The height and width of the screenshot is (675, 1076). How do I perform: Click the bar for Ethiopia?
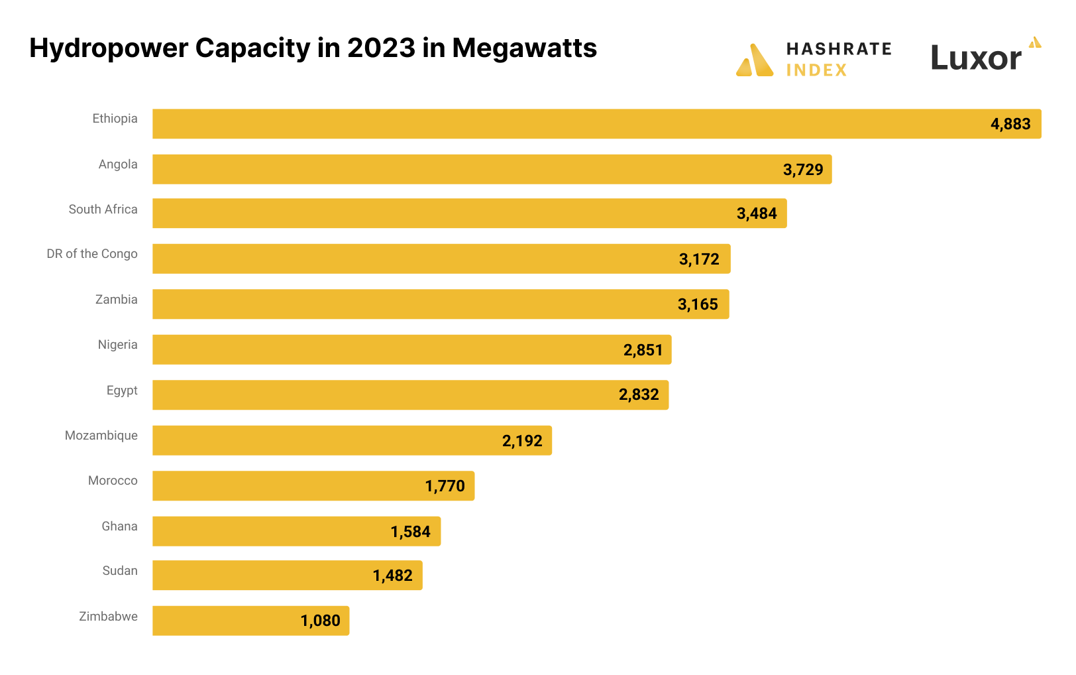pos(596,124)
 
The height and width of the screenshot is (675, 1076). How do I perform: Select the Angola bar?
pos(492,169)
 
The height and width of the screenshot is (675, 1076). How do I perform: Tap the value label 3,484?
pos(757,214)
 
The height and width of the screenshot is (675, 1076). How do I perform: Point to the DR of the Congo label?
pos(92,254)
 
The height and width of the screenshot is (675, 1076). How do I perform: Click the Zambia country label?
pos(117,300)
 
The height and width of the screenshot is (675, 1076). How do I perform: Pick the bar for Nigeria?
pos(411,349)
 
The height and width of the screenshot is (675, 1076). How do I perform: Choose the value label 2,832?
pos(639,395)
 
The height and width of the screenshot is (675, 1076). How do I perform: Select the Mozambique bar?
pos(352,440)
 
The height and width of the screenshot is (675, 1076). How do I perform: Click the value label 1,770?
pos(445,486)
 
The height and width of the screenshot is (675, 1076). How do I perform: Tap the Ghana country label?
pos(119,526)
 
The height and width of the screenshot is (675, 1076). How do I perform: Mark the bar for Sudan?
pos(287,575)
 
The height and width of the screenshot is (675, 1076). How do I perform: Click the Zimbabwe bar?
pos(250,621)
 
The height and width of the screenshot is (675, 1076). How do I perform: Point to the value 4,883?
pos(1010,124)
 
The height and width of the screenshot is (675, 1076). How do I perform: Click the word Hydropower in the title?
pos(109,48)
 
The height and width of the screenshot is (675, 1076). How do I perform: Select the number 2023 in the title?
pos(381,48)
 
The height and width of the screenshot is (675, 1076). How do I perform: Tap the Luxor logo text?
pos(976,58)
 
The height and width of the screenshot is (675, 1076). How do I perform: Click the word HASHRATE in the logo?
pos(839,49)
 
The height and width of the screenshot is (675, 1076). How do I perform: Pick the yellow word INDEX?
pos(816,70)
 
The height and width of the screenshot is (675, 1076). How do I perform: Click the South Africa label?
pos(103,210)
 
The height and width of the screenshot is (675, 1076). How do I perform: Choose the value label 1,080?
pos(320,621)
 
